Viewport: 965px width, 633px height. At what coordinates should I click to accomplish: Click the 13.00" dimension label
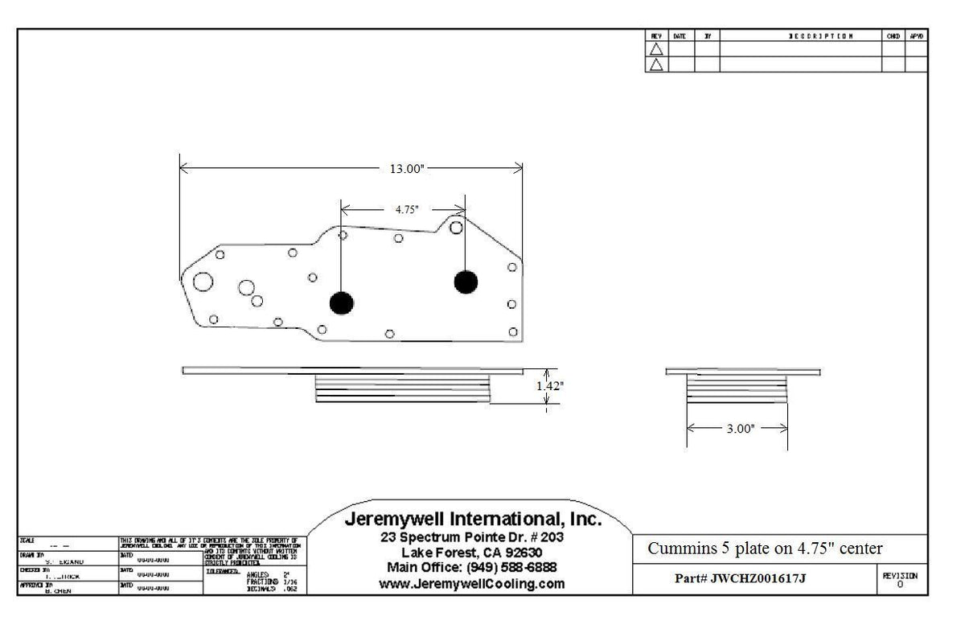click(406, 169)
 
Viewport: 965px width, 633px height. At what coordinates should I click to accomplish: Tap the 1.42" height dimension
click(550, 386)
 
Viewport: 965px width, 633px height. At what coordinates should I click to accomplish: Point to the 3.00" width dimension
click(740, 430)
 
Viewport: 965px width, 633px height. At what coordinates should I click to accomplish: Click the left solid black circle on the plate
click(341, 302)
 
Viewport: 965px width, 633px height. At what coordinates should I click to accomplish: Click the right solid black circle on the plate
click(466, 282)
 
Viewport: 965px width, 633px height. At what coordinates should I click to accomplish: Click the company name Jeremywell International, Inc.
click(473, 520)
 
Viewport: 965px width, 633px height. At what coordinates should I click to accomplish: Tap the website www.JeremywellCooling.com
click(473, 584)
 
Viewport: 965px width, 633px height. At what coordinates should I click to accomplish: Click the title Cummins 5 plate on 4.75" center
click(765, 549)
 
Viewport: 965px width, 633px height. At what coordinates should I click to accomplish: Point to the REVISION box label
click(900, 576)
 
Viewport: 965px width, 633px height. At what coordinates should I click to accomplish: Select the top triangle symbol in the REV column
click(656, 49)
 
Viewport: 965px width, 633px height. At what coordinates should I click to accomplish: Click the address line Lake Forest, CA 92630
click(473, 553)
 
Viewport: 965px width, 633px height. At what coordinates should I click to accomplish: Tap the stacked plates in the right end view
click(736, 390)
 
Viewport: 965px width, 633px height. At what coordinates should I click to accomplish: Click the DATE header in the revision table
click(680, 36)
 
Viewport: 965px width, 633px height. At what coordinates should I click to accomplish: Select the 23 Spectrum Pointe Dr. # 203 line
click(473, 537)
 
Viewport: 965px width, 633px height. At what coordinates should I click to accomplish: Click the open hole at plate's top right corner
click(456, 228)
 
